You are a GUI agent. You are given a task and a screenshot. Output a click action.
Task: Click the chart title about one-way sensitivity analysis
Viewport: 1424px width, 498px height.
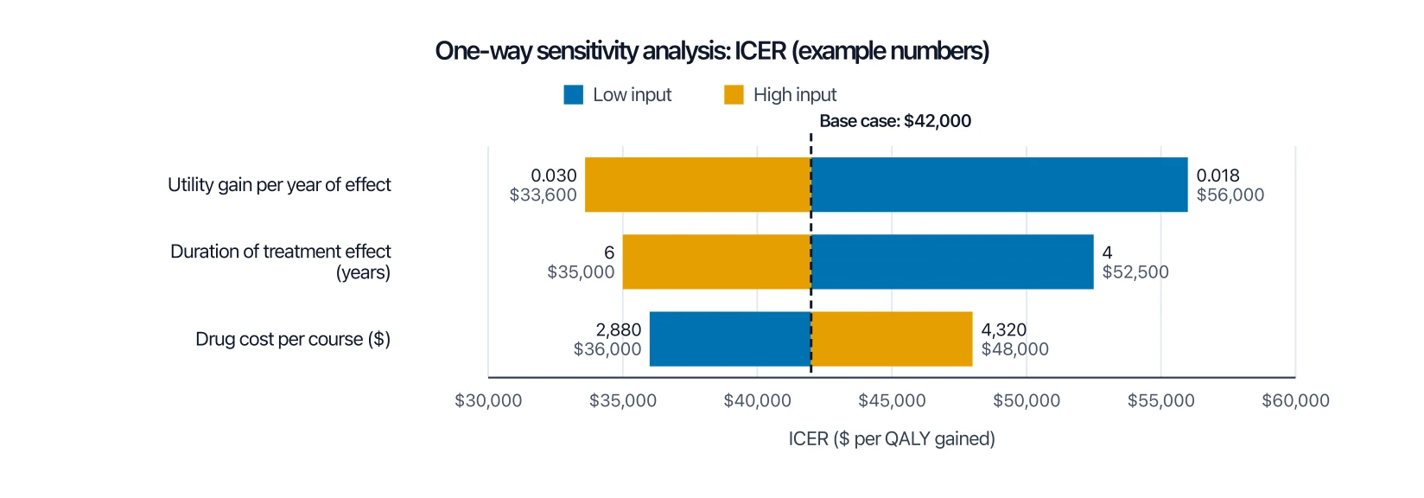(712, 51)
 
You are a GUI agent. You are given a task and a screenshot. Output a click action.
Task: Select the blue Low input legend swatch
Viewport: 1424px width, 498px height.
(574, 95)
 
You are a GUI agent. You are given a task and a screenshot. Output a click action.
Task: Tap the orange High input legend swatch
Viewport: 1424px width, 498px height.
(734, 95)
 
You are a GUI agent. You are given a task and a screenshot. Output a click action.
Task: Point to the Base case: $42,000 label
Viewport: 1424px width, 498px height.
(895, 121)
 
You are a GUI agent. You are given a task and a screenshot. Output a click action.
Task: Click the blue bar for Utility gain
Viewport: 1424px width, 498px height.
(1000, 184)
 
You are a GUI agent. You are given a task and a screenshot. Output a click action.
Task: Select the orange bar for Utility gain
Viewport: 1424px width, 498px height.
(698, 184)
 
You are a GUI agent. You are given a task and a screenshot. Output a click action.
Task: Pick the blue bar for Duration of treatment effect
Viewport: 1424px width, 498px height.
(952, 262)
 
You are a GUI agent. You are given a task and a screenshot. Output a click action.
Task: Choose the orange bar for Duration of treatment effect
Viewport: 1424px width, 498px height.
(717, 262)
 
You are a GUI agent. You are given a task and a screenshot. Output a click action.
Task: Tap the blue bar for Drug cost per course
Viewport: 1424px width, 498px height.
(730, 339)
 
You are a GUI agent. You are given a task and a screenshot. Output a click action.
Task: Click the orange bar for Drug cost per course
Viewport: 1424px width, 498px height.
(892, 339)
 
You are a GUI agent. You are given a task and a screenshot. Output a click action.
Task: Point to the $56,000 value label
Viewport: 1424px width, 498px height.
(1230, 195)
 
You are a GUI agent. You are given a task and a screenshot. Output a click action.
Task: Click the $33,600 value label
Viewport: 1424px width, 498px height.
(543, 195)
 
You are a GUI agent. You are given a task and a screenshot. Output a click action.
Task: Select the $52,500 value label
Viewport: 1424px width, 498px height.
(1135, 272)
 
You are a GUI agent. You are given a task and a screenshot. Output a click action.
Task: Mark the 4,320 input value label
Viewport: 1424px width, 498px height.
(1004, 329)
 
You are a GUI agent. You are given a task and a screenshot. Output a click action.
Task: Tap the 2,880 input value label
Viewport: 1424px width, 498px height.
(619, 329)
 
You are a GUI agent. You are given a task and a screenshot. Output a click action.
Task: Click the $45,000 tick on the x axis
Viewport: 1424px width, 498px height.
(892, 400)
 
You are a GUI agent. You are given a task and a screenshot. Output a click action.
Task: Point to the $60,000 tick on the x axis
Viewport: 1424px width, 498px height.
(1295, 400)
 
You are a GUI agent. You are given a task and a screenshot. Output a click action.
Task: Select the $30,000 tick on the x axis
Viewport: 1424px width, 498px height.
(488, 400)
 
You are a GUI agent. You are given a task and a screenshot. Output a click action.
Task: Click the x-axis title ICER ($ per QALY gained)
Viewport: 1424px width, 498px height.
(892, 439)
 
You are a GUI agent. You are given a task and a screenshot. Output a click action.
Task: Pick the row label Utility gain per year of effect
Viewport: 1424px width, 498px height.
(279, 184)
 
